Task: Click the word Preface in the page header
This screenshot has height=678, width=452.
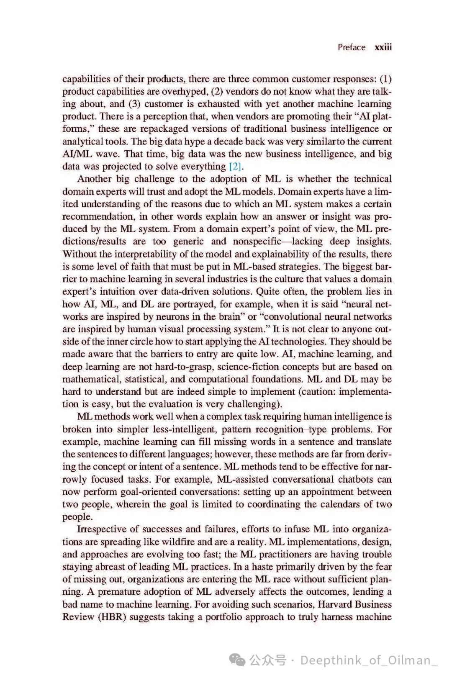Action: tap(352, 47)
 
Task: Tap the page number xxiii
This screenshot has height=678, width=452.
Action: tap(383, 47)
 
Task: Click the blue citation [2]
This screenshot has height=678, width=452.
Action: tap(236, 167)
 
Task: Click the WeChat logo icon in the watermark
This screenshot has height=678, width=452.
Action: tap(239, 660)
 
